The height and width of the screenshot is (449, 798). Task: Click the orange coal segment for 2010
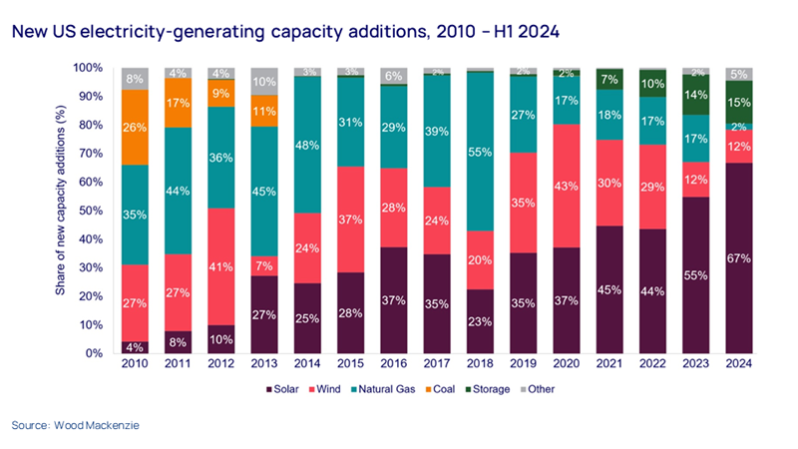click(134, 127)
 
